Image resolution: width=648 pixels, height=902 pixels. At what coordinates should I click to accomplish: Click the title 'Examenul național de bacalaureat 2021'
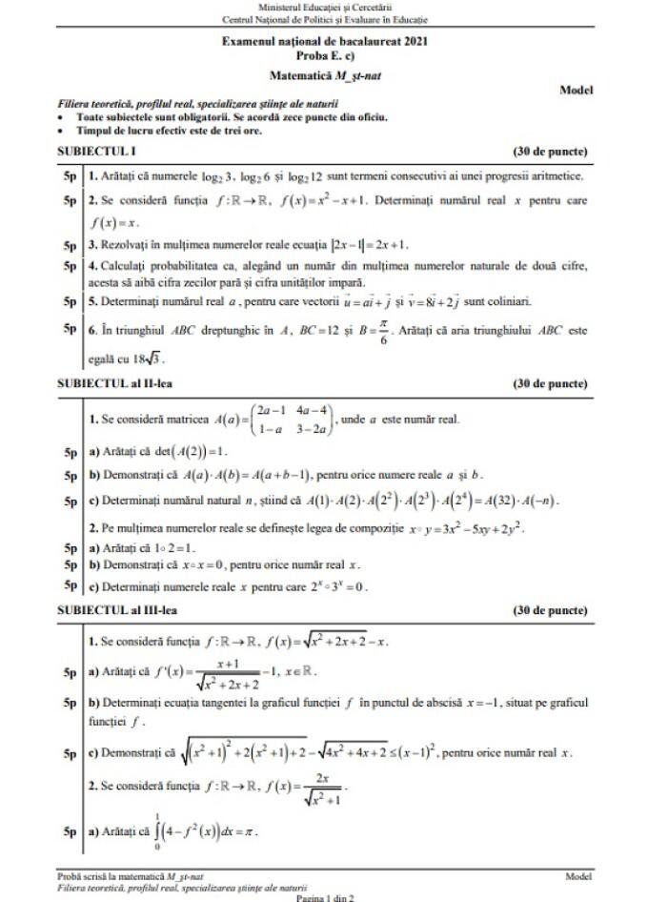[324, 42]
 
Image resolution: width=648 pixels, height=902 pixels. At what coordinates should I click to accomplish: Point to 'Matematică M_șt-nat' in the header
[324, 72]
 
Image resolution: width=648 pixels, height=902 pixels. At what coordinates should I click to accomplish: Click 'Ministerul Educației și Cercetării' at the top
[324, 8]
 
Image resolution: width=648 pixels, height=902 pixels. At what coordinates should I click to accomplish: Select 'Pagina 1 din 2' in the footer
[325, 897]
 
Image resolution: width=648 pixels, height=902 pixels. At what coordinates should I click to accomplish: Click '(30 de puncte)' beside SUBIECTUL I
[550, 152]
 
